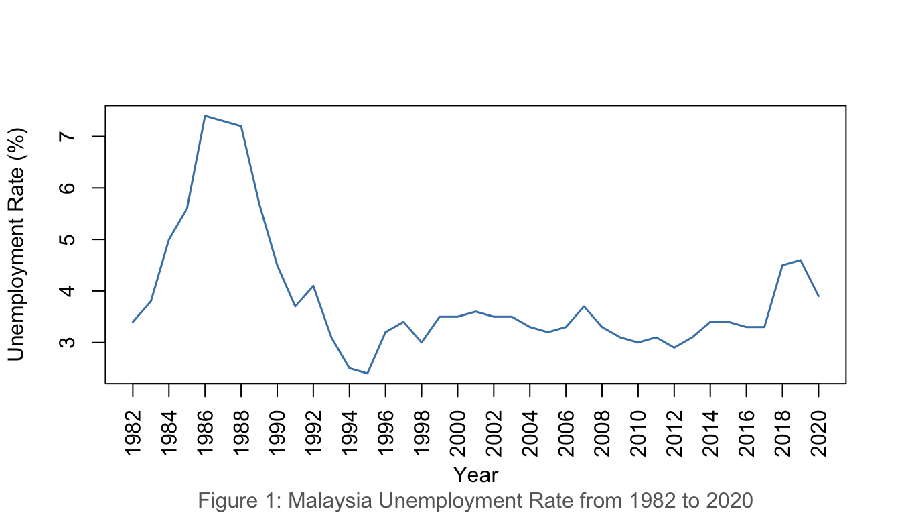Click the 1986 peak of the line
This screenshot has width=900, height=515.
(x=205, y=116)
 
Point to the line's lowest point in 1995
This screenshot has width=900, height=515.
(x=368, y=373)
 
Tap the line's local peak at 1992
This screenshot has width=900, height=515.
(x=313, y=286)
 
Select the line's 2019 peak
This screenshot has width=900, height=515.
(x=800, y=260)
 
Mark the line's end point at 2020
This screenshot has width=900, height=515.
(x=818, y=296)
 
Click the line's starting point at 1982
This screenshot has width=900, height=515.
(x=133, y=322)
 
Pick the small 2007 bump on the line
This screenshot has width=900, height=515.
(x=584, y=306)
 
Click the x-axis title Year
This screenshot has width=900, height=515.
(x=475, y=475)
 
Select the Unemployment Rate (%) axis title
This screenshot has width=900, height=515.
(x=16, y=244)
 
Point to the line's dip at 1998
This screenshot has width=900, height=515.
(x=421, y=342)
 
